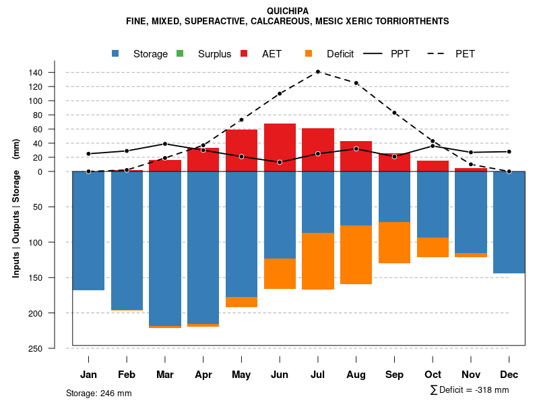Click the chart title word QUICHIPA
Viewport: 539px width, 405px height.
(288, 11)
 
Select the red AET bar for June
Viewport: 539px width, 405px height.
(280, 147)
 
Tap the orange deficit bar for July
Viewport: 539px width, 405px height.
(318, 261)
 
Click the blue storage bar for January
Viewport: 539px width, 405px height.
(88, 231)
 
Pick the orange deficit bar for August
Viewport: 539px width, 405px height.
(356, 254)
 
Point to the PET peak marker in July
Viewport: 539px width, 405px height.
(318, 72)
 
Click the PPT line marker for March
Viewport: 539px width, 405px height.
(165, 144)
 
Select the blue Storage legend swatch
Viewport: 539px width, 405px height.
(117, 53)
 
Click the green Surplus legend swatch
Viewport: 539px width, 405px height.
(180, 53)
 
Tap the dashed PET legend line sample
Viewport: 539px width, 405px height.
(438, 53)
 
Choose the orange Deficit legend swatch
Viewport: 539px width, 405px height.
(309, 53)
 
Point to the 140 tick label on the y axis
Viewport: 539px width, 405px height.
(54, 72)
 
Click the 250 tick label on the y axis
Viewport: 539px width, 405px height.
(54, 348)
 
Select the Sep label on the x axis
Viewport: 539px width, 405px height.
(394, 375)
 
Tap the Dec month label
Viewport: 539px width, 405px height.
(509, 375)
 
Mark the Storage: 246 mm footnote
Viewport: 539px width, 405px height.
(98, 393)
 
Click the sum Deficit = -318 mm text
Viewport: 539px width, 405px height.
(469, 390)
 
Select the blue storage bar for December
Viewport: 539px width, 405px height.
(509, 222)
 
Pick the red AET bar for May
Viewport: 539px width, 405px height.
(241, 151)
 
